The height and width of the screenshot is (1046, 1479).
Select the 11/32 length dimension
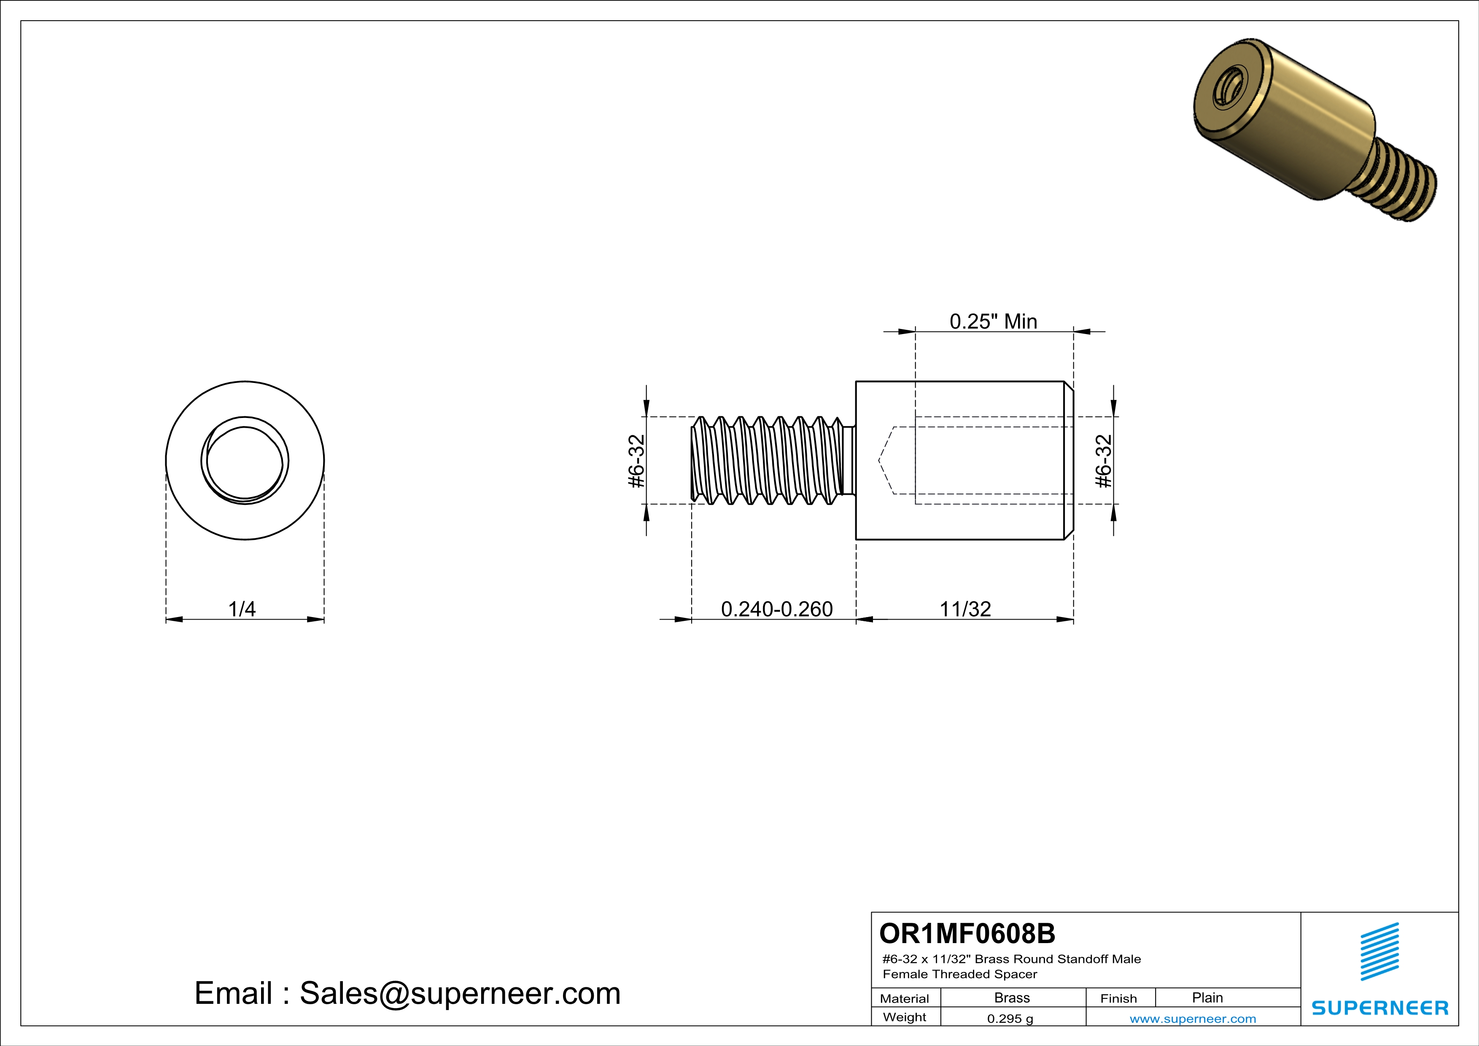(964, 609)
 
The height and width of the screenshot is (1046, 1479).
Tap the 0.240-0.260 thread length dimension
(776, 609)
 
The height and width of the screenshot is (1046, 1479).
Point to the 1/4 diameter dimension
(242, 609)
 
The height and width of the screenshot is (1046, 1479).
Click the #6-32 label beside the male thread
(636, 461)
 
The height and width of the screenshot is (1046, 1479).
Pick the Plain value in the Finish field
(1207, 997)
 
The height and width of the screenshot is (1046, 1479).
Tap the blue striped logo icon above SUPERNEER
(1379, 952)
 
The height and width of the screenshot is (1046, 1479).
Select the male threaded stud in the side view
(770, 461)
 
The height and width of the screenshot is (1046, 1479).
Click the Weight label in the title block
(905, 1017)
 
